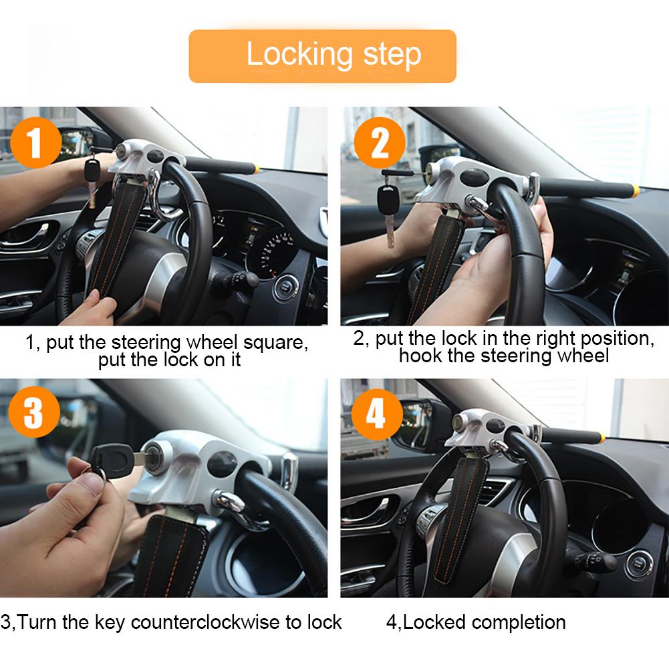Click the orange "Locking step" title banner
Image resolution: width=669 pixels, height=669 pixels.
(322, 55)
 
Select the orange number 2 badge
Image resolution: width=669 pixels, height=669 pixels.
(380, 142)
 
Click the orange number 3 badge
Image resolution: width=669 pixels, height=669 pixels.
(33, 413)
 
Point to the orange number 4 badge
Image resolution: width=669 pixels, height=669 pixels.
(376, 414)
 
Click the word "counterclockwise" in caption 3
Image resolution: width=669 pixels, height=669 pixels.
(207, 622)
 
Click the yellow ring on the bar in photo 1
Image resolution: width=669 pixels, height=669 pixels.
(255, 168)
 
